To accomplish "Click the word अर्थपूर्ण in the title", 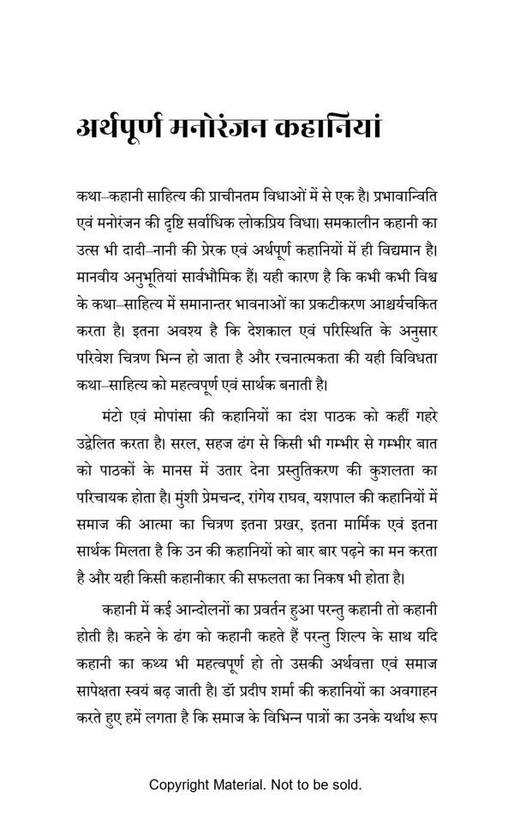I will pos(123,129).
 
